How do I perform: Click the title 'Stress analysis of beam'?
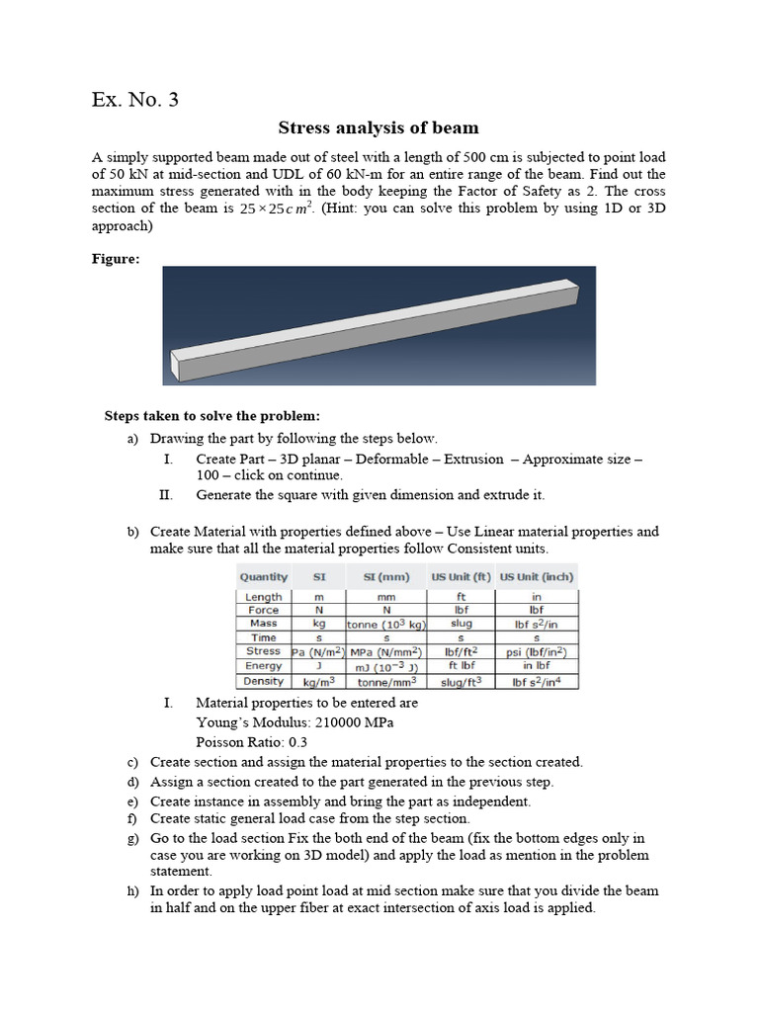tap(379, 127)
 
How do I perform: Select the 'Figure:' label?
tap(116, 259)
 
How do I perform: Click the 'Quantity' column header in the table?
tap(263, 576)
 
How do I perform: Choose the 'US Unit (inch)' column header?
tap(536, 576)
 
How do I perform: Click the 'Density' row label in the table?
tap(263, 681)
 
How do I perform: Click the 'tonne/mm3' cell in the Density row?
tap(385, 681)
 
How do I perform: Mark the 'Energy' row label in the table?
tap(263, 666)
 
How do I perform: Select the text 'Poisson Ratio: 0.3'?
tap(252, 741)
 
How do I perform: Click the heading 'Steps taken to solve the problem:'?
tap(212, 415)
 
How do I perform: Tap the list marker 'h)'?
tap(132, 890)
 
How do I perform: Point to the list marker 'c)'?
tap(132, 762)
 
